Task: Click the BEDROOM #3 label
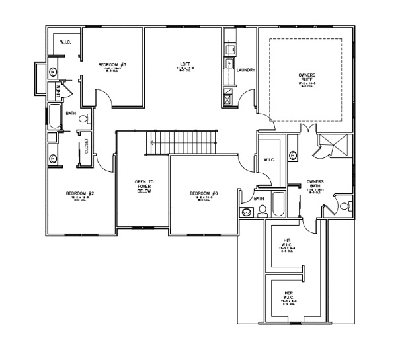(x=112, y=64)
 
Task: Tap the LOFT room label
(x=184, y=64)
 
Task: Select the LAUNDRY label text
(x=245, y=69)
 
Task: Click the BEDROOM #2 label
(x=80, y=193)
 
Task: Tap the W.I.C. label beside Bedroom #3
(x=66, y=44)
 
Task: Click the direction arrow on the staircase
(x=153, y=142)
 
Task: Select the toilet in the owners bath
(x=343, y=206)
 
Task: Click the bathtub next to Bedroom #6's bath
(x=278, y=204)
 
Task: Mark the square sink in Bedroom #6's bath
(x=246, y=212)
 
